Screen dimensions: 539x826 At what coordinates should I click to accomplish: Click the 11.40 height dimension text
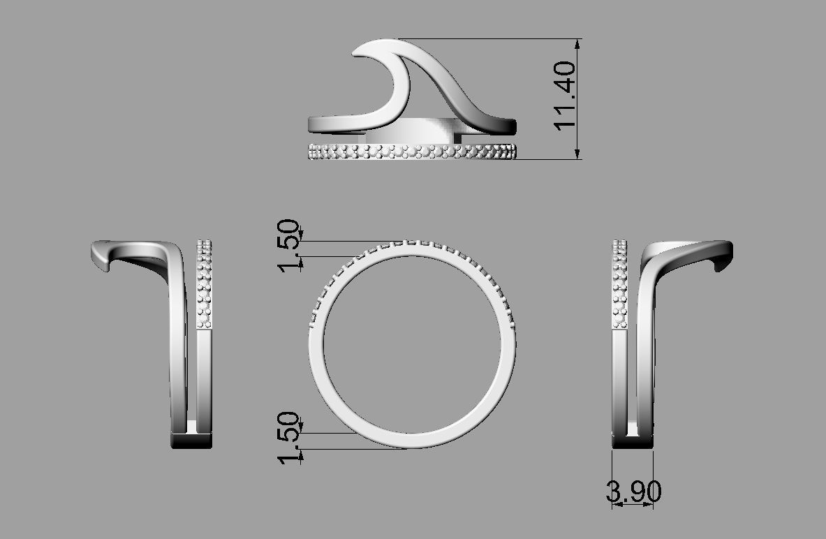pyautogui.click(x=564, y=94)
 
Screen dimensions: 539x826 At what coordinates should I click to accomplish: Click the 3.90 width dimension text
pyautogui.click(x=633, y=492)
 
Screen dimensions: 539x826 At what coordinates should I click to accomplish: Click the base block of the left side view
pyautogui.click(x=191, y=441)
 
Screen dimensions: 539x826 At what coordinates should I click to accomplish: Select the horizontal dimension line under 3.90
pyautogui.click(x=633, y=505)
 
